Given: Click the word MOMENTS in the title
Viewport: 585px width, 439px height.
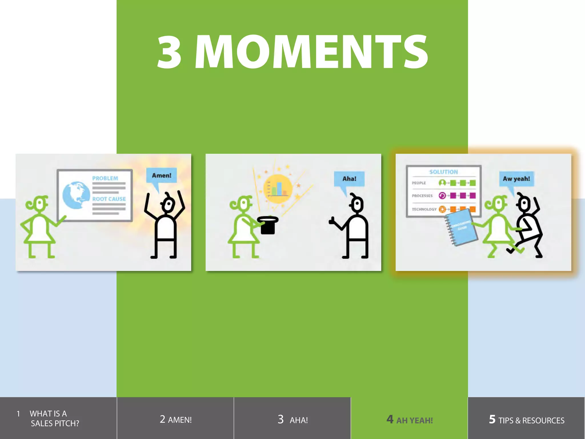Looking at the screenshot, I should tap(311, 52).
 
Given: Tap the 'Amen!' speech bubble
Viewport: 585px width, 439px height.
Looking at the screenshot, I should tap(161, 175).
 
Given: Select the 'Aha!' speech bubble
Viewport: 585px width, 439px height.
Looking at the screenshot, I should tap(349, 179).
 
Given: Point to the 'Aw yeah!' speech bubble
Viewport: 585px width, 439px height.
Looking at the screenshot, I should tap(516, 179).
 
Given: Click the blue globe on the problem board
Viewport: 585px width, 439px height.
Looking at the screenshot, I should tap(76, 195).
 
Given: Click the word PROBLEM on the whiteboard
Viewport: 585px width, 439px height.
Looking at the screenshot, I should tap(105, 178).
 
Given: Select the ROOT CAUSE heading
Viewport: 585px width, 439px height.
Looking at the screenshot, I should tap(109, 199).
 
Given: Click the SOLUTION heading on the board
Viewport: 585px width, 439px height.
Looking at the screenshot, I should tap(443, 172).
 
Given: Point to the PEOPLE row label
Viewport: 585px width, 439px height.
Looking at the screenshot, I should tap(419, 183).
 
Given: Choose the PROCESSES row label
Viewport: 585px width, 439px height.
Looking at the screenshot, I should tap(422, 196).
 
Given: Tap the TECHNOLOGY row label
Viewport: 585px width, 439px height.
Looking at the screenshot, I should tap(424, 209).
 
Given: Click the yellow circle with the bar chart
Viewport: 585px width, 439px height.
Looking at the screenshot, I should tap(278, 189).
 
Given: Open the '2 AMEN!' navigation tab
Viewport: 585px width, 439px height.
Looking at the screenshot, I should tap(175, 419).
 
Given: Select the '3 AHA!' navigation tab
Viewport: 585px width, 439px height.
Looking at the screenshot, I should tap(292, 419).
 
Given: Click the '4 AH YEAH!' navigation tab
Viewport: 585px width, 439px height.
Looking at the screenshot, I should tap(409, 419).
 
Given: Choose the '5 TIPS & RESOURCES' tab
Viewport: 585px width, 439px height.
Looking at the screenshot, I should tap(526, 419).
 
